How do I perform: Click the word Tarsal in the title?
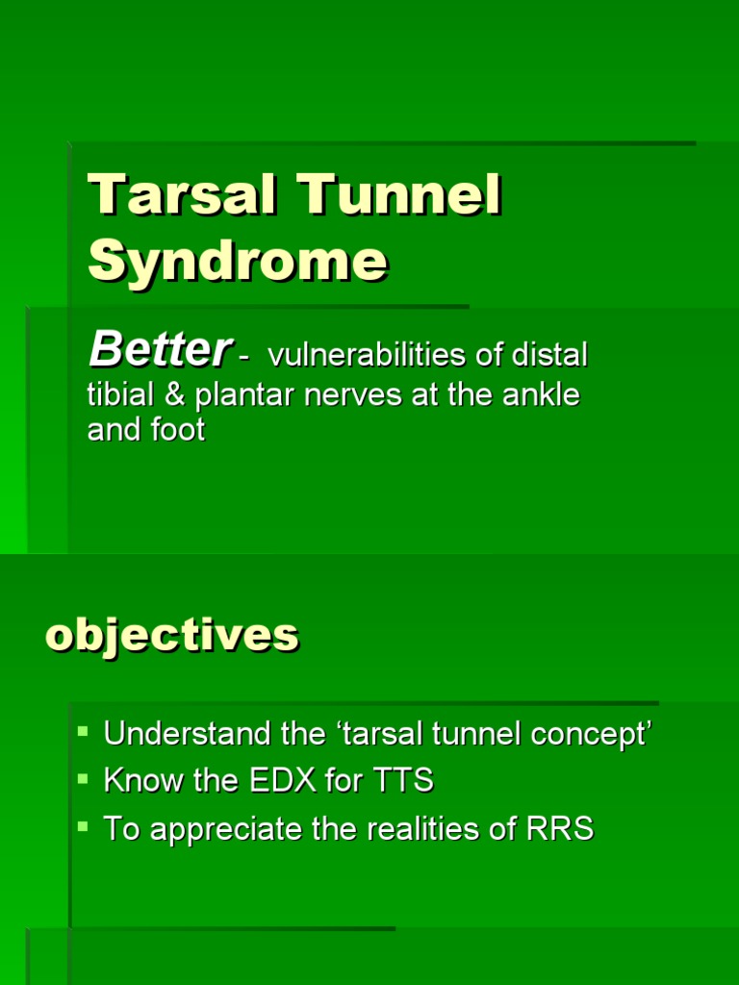pyautogui.click(x=182, y=194)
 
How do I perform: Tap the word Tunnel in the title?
pyautogui.click(x=399, y=194)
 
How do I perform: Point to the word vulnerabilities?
pyautogui.click(x=367, y=355)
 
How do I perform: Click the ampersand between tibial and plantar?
pyautogui.click(x=174, y=395)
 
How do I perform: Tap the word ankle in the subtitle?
pyautogui.click(x=541, y=395)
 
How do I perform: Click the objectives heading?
pyautogui.click(x=172, y=636)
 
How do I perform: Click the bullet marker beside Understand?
pyautogui.click(x=83, y=731)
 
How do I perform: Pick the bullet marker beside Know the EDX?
pyautogui.click(x=83, y=779)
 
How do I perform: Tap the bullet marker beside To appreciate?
pyautogui.click(x=83, y=826)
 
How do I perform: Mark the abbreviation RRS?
pyautogui.click(x=559, y=828)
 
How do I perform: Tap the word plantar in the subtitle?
pyautogui.click(x=244, y=396)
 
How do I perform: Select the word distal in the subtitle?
pyautogui.click(x=549, y=355)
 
